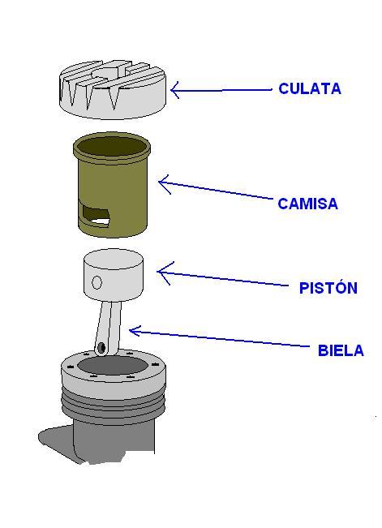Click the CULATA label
[310, 88]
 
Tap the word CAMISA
[307, 204]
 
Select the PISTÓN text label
[328, 287]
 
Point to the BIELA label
[341, 350]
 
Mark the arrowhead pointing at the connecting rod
[135, 331]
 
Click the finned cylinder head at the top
[113, 89]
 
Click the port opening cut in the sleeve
[96, 215]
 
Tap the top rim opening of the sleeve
[112, 145]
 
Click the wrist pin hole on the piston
[97, 282]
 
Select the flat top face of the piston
[114, 259]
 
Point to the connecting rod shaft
[109, 328]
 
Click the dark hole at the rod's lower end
[101, 347]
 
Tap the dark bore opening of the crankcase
[113, 366]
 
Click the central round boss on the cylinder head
[107, 73]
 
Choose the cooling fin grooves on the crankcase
[114, 403]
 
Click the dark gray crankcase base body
[97, 441]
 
